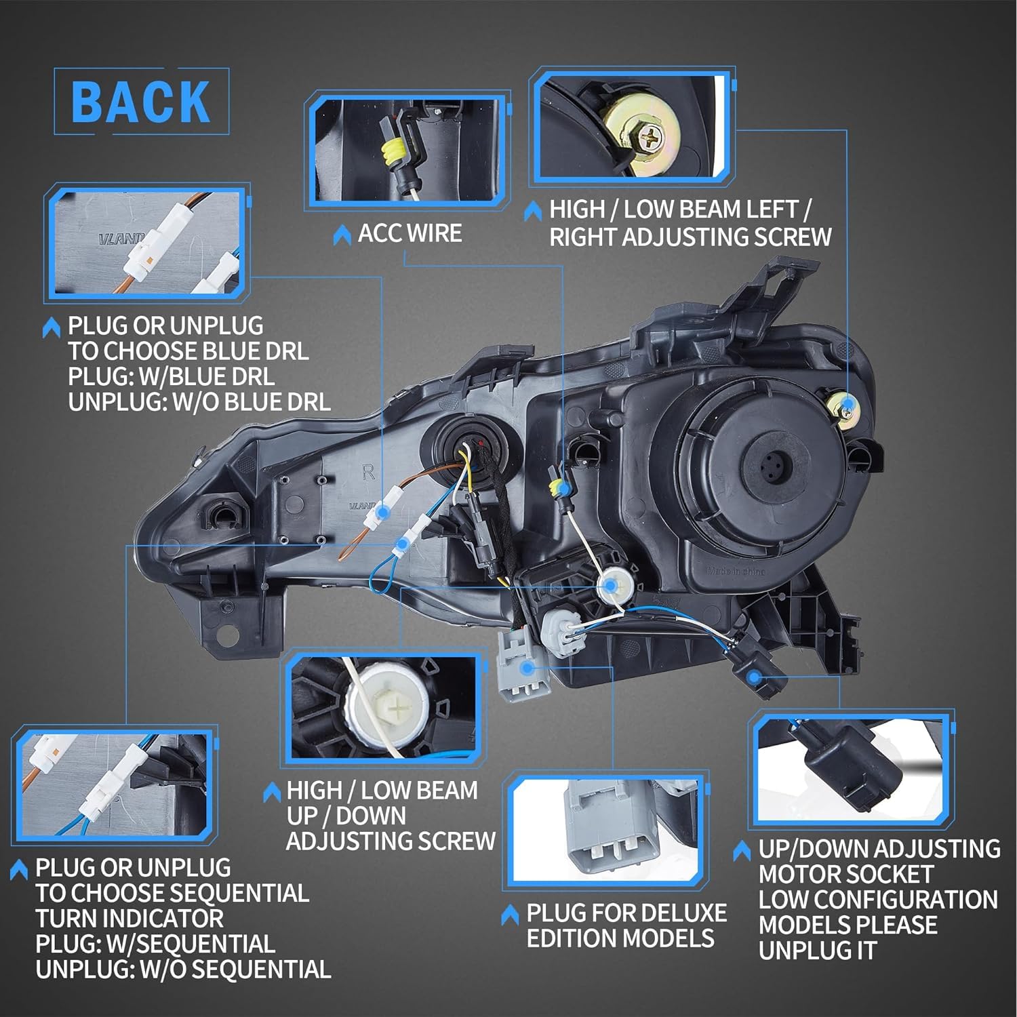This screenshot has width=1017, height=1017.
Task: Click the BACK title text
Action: click(141, 102)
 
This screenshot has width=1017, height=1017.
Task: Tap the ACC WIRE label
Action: click(410, 233)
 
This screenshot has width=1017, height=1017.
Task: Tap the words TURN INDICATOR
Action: click(129, 919)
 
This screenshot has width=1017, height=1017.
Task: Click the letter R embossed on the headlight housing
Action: click(368, 473)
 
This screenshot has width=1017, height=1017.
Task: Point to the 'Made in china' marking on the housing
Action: click(736, 571)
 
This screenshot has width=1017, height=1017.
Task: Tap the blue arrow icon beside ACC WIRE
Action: click(342, 235)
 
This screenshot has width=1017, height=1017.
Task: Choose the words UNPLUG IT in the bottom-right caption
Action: click(817, 951)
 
